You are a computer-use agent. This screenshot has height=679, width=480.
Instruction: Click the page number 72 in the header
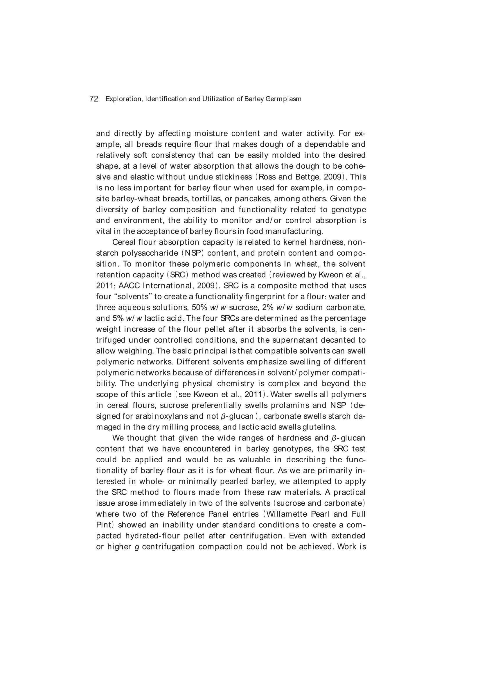(x=94, y=99)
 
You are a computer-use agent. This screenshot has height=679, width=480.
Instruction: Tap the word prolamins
(x=289, y=405)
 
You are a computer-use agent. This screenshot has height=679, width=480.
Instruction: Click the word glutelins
(x=319, y=427)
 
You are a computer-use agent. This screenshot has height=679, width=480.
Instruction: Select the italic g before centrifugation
(x=136, y=547)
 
